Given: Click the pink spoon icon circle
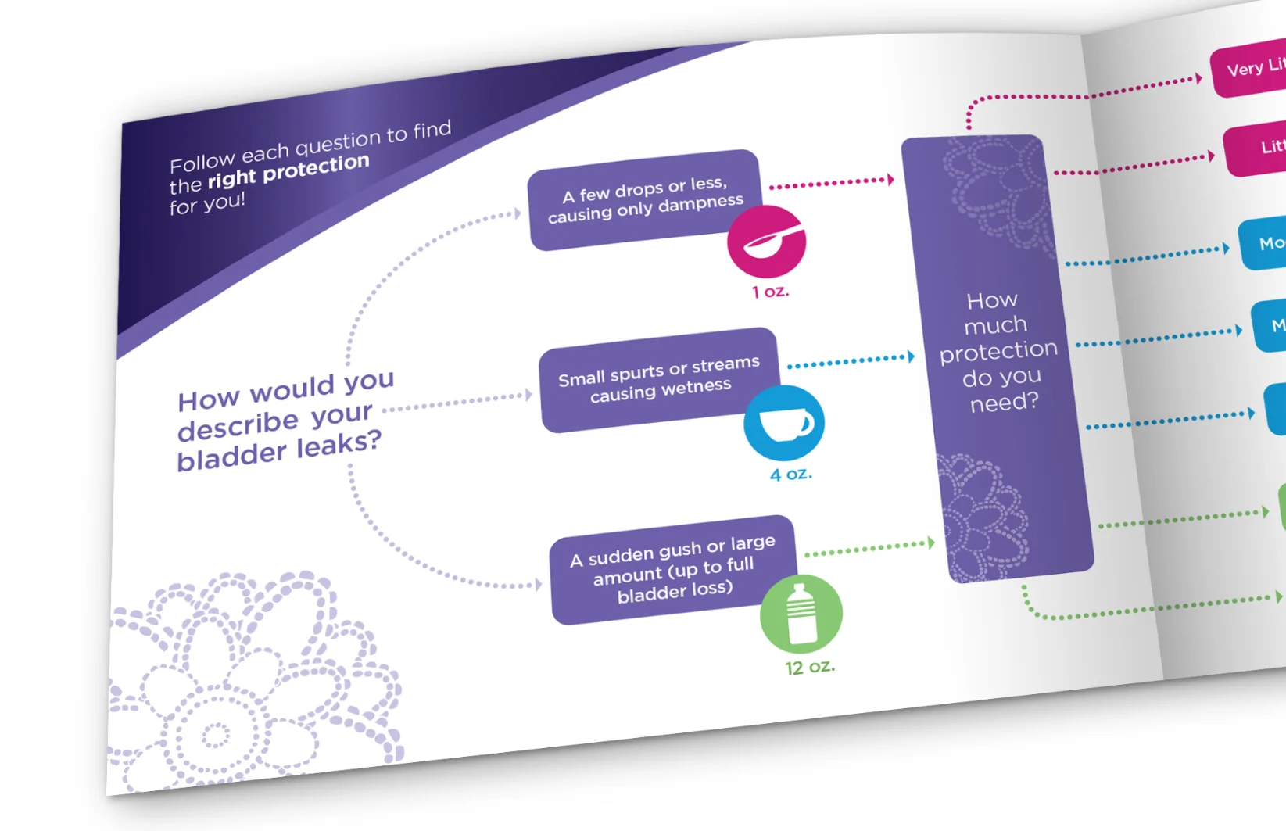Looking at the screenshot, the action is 766,242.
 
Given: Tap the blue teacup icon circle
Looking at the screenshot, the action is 784,422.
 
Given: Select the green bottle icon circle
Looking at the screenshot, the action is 801,614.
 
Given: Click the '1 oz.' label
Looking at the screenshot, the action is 770,292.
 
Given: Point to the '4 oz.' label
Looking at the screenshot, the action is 790,475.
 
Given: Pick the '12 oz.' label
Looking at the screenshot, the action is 810,667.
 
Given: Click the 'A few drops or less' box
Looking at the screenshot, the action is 643,200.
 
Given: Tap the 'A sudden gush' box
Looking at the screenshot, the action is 672,569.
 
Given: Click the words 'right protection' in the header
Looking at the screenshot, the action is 288,172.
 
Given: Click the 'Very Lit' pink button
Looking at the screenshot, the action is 1251,69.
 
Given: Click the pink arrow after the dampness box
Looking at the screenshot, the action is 890,180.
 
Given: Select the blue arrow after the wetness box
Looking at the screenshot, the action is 910,356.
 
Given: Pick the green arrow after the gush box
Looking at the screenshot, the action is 930,543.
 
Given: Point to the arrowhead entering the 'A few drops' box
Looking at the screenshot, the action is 518,213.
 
